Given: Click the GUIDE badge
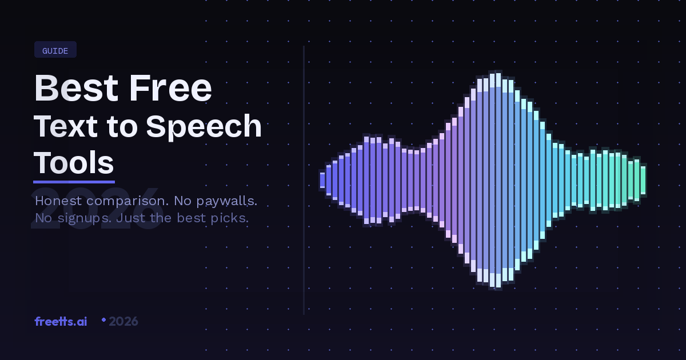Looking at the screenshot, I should coord(55,50).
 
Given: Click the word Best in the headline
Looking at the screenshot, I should coord(76,88).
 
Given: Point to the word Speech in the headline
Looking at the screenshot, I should coord(204,127).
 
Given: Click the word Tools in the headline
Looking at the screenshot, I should coord(74,163).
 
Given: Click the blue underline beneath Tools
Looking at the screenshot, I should coord(74,182).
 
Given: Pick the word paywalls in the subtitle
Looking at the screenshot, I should coord(227,201).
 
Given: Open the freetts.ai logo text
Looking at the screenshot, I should coord(61,321).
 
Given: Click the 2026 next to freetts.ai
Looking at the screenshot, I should coord(123,321).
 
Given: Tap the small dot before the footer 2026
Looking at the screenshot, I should coord(103,320).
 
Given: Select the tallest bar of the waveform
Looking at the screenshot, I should coord(498,180).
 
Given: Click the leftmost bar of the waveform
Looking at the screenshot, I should coord(322,180).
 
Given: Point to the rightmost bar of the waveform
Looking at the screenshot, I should coord(643,180).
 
